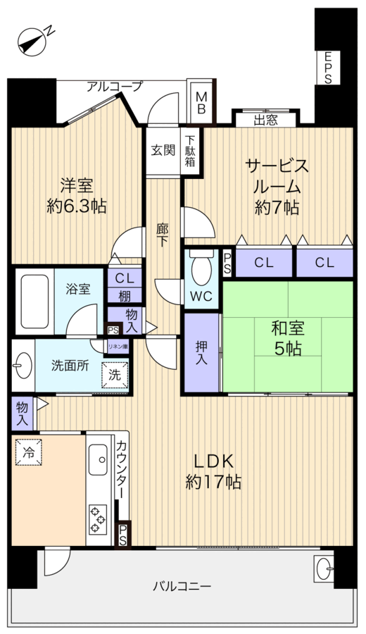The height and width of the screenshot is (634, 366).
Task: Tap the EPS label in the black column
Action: pyautogui.click(x=328, y=68)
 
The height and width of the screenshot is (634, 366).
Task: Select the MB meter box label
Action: pyautogui.click(x=201, y=103)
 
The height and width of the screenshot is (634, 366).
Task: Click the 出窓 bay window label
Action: pyautogui.click(x=265, y=119)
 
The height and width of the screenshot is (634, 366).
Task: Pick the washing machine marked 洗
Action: pyautogui.click(x=115, y=374)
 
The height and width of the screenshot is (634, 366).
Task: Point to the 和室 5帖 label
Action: pyautogui.click(x=287, y=336)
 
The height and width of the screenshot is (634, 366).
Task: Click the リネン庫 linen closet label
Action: pyautogui.click(x=117, y=346)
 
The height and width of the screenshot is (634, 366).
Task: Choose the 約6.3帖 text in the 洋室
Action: pyautogui.click(x=77, y=206)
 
